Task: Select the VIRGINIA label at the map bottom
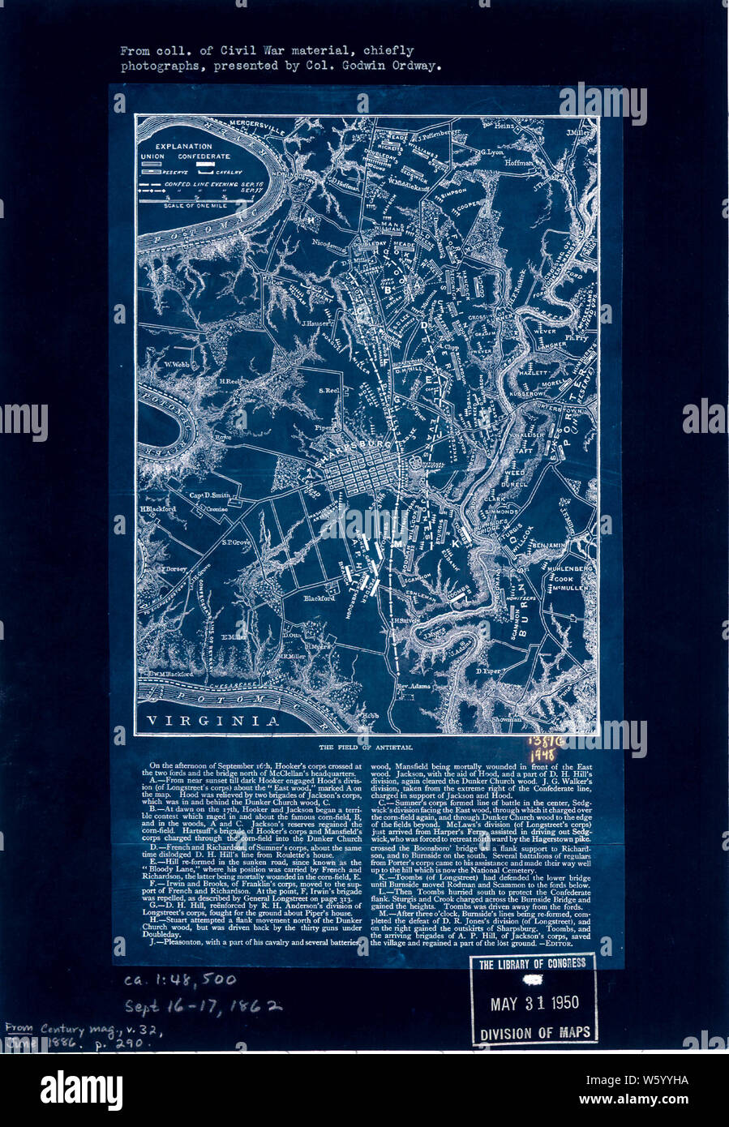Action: pos(212,720)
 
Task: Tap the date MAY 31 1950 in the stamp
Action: pos(534,1003)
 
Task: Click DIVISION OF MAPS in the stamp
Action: pos(534,1034)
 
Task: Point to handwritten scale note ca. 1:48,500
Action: pos(180,980)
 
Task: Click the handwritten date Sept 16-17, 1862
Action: pos(203,1006)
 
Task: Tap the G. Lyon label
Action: pos(491,152)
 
